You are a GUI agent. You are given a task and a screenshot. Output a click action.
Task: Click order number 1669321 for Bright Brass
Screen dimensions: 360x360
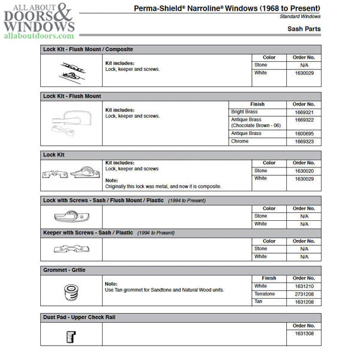pyautogui.click(x=304, y=112)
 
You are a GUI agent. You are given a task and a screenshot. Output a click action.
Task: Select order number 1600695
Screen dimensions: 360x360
pyautogui.click(x=304, y=134)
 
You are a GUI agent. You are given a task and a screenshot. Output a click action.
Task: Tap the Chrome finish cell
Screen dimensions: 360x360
pyautogui.click(x=240, y=142)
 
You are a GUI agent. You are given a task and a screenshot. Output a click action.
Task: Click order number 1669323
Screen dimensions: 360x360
pyautogui.click(x=304, y=142)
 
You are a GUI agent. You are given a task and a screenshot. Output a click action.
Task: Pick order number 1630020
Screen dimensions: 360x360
pyautogui.click(x=304, y=170)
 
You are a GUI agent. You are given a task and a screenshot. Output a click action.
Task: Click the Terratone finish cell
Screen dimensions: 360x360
pyautogui.click(x=265, y=294)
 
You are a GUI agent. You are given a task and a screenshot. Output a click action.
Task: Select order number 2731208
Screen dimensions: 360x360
pyautogui.click(x=304, y=294)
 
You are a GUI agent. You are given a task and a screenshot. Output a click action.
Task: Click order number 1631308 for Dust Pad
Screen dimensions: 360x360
pyautogui.click(x=304, y=334)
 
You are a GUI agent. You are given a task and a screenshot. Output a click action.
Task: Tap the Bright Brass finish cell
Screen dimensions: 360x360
pyautogui.click(x=245, y=112)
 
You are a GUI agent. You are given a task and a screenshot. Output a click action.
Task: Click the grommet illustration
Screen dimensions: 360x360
pyautogui.click(x=71, y=293)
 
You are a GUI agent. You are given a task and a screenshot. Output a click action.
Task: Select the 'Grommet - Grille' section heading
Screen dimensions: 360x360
pyautogui.click(x=64, y=270)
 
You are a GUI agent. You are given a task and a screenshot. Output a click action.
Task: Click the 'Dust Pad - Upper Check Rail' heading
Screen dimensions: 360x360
pyautogui.click(x=78, y=316)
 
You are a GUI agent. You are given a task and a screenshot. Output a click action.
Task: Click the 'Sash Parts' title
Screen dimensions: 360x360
pyautogui.click(x=304, y=29)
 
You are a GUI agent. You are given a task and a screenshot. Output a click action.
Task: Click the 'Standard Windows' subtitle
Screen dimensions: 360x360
pyautogui.click(x=300, y=16)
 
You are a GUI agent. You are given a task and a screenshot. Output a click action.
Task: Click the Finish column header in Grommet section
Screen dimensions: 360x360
pyautogui.click(x=269, y=278)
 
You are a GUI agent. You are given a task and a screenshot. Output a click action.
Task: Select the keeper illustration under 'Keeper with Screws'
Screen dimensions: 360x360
pyautogui.click(x=71, y=248)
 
